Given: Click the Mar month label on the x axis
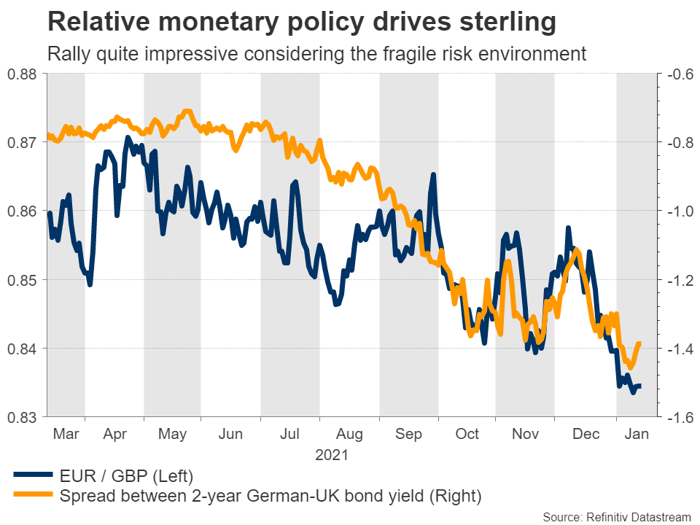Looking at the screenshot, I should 66,434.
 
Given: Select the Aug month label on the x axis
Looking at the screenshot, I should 349,434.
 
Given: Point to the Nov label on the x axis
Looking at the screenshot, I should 524,434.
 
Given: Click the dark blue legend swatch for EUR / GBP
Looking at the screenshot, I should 33,477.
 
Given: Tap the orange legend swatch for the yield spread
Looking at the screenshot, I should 33,497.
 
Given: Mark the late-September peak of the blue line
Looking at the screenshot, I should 433,175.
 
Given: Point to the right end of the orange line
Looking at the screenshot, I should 639,343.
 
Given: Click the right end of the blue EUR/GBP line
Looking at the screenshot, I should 640,386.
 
